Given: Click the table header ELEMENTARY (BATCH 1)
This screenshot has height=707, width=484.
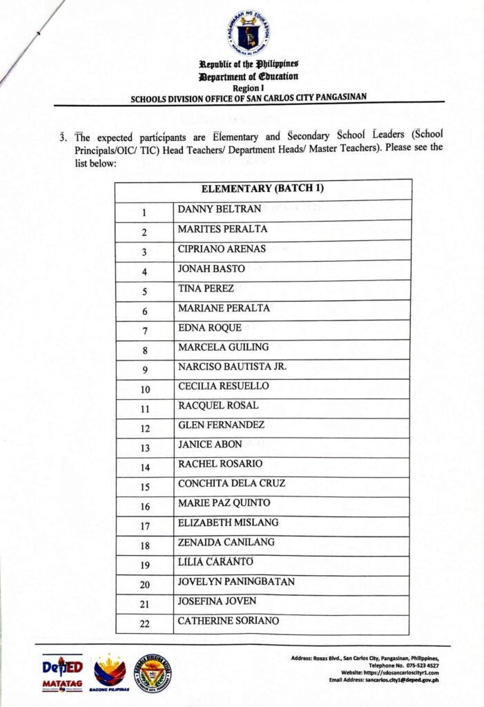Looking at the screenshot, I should click(263, 188).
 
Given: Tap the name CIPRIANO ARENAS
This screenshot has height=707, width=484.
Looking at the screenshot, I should click(222, 249).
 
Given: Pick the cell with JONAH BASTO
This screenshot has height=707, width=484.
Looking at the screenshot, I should click(207, 269).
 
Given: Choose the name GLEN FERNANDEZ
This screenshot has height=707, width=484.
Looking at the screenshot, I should click(221, 425).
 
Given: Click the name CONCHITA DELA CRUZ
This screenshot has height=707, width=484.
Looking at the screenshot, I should click(231, 483).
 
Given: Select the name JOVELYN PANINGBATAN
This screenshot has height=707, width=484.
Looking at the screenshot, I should click(236, 581).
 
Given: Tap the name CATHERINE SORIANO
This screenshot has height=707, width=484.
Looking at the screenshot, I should click(229, 621).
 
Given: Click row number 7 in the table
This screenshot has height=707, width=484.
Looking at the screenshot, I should click(145, 330).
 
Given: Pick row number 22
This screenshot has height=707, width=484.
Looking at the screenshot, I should click(145, 624).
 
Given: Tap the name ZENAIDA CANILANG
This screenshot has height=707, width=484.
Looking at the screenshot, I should click(226, 542).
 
